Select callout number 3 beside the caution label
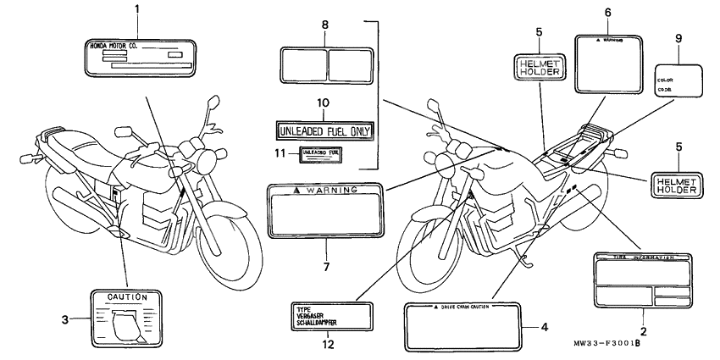click(64, 319)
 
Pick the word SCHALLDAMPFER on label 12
click(318, 323)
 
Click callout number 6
click(607, 12)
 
